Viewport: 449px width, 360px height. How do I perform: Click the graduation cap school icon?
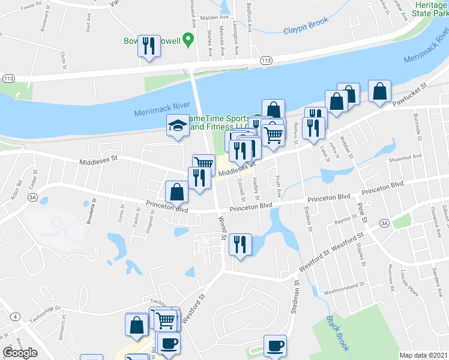pos(178,126)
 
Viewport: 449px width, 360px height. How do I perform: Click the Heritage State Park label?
pos(432,8)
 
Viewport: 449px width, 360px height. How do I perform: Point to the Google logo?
pos(20,353)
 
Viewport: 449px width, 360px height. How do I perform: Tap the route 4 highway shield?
pos(14,316)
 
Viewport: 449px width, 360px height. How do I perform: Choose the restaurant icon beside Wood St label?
pos(240,244)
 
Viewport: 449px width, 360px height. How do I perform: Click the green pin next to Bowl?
pos(188,41)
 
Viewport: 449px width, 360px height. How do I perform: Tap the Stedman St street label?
pos(295,299)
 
